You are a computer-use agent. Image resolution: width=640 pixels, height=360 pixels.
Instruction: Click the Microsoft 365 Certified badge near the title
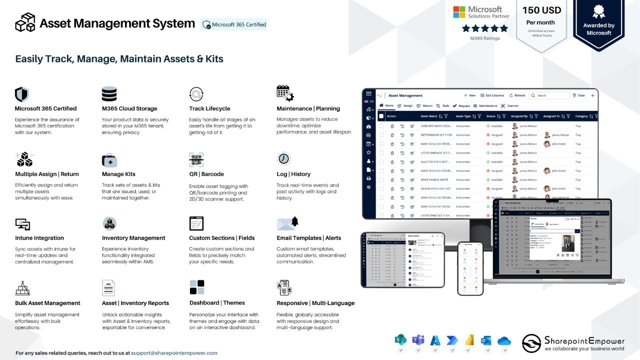coord(234,24)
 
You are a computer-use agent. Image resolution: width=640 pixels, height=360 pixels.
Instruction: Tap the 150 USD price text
coord(541,10)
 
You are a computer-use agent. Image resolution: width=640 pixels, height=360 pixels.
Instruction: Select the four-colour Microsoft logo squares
coord(459,12)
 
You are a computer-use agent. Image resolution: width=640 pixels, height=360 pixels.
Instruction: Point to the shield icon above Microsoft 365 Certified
coord(21,94)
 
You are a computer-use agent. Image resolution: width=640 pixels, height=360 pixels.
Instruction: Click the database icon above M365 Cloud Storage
coord(109,94)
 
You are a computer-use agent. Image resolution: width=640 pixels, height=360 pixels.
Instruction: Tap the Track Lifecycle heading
coord(209,108)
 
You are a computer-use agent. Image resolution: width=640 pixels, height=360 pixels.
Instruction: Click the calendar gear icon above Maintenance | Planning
coord(285,93)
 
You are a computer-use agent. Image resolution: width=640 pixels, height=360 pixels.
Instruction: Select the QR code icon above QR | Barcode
coord(196,159)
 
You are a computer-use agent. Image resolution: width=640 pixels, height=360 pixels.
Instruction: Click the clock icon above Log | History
coord(283,158)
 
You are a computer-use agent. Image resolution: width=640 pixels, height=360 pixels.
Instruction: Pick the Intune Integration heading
coord(39,238)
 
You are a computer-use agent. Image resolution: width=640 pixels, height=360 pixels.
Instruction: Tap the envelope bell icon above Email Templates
coord(287,223)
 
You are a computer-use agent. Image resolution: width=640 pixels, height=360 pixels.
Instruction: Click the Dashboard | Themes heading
coord(217,303)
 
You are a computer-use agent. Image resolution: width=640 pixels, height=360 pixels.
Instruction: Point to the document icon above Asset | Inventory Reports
coord(108,288)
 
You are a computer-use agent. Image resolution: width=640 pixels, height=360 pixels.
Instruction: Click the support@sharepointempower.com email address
coord(174,353)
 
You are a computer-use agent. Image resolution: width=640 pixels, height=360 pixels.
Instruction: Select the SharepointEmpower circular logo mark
coord(531,343)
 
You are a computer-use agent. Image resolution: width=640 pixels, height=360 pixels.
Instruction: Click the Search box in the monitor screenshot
coord(549,95)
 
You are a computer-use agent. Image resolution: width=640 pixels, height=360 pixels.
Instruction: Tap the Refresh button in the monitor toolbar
coord(517,95)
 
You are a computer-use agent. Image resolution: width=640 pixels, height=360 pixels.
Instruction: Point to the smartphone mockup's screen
coord(470,268)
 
